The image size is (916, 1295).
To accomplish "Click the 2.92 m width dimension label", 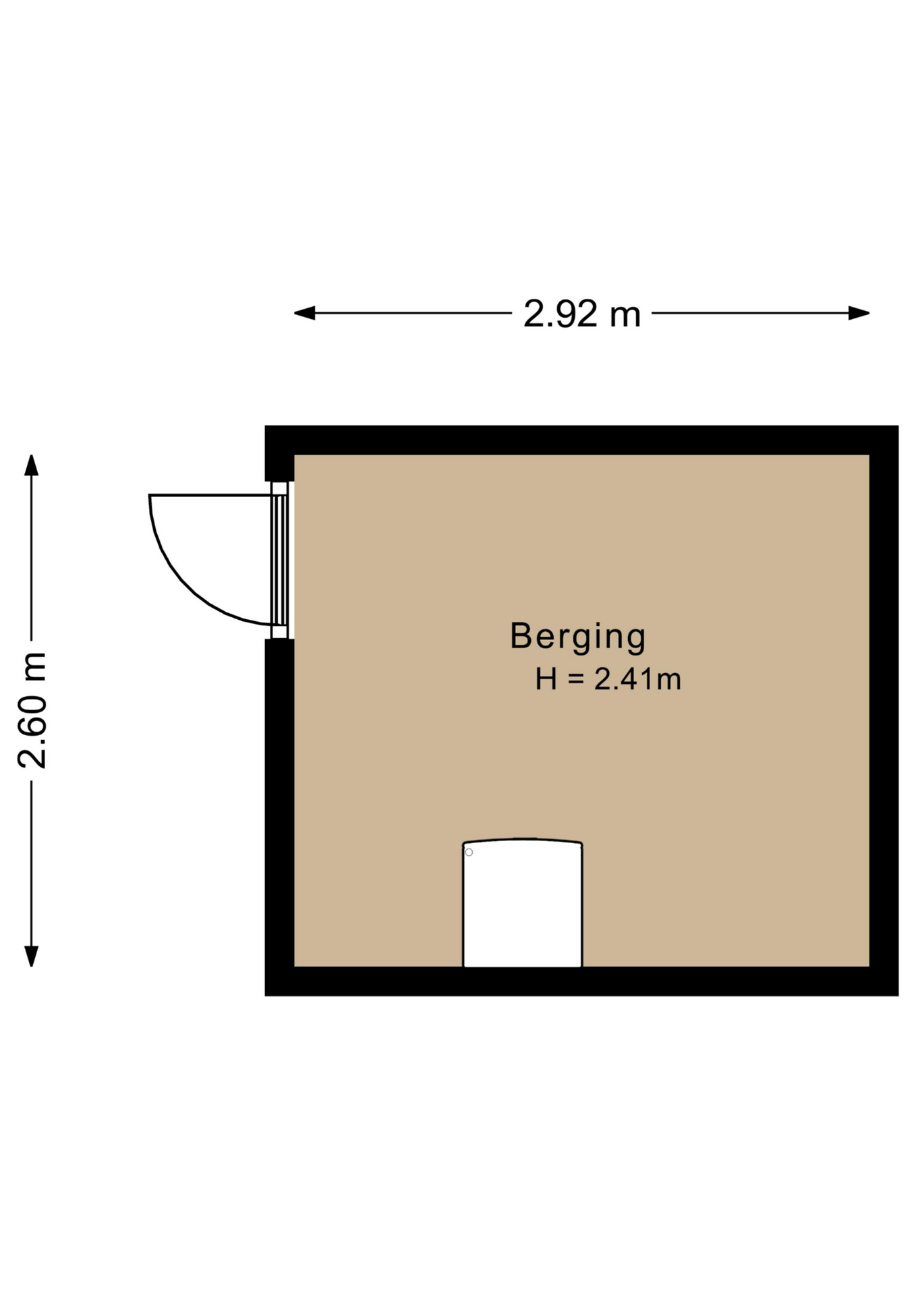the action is [x=581, y=314].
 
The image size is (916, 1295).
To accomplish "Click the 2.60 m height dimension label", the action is [x=32, y=710].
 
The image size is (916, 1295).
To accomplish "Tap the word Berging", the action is [x=577, y=637].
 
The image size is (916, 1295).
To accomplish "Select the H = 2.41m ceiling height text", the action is [x=608, y=679].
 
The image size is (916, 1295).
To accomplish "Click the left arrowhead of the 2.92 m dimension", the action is [x=304, y=313].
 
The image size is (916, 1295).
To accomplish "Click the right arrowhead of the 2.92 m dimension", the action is [x=859, y=313].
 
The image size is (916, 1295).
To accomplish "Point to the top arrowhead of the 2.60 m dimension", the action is [x=31, y=465].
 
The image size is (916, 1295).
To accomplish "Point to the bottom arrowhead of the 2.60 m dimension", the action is [x=31, y=956].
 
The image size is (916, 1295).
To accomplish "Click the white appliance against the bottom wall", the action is [x=522, y=903].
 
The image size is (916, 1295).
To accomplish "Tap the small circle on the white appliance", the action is [x=469, y=853].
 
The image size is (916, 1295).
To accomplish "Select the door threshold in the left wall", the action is [x=280, y=560].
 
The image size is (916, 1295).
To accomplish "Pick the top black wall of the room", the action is [x=581, y=440].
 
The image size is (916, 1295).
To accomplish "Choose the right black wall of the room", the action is [x=884, y=710].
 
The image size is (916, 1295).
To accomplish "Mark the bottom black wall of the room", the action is [x=581, y=981].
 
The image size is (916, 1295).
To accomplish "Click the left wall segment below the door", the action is [x=279, y=817].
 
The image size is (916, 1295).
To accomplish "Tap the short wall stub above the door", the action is [x=279, y=453].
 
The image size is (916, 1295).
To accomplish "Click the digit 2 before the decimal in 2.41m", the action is [x=602, y=679].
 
